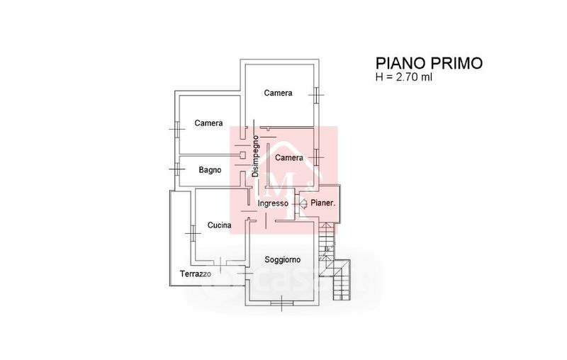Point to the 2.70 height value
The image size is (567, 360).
coord(403,77)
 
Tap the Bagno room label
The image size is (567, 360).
coord(210,169)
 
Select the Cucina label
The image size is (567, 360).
coord(219,225)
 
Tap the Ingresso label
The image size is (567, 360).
coord(273,203)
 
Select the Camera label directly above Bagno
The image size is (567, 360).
coord(209,123)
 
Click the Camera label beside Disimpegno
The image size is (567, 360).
coord(289,157)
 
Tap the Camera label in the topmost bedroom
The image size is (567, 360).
coord(278,93)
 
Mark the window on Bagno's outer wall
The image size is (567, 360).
coord(175,169)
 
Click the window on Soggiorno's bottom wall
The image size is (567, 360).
coord(283,304)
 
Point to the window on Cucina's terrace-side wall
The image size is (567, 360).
coord(191,230)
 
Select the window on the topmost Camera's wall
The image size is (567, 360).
coord(317,92)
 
